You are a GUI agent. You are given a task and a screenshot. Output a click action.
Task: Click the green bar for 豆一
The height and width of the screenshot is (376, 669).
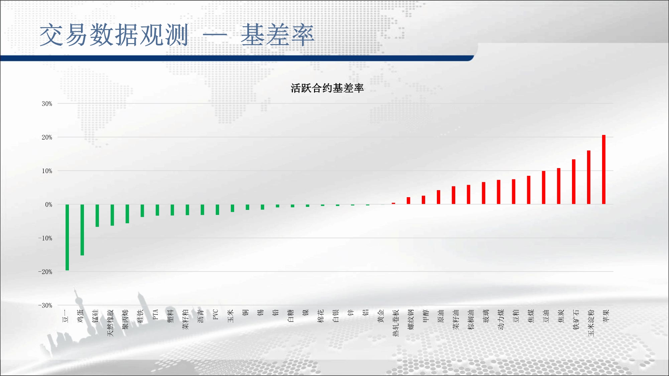pos(67,237)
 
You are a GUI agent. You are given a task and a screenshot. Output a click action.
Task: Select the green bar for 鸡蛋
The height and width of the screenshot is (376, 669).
pos(82,230)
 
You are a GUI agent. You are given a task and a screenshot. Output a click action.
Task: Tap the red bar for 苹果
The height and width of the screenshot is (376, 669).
pos(604,169)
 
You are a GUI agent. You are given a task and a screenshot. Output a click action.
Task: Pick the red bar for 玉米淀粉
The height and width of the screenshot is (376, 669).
pos(589,177)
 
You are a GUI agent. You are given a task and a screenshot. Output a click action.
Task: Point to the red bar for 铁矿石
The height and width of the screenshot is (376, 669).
pos(574,182)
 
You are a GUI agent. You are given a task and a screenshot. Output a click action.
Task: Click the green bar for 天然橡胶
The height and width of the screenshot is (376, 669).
pos(112,215)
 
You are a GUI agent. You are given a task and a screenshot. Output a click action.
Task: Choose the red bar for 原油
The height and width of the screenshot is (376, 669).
pos(439,197)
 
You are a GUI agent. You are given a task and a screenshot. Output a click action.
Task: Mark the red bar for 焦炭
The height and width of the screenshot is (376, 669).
pos(559,186)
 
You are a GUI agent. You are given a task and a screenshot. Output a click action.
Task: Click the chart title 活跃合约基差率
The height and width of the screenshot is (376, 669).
pos(327,88)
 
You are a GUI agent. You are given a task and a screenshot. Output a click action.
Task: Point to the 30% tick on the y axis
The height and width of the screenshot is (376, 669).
pos(47,104)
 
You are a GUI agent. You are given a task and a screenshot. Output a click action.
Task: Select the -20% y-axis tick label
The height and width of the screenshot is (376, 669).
pos(45,272)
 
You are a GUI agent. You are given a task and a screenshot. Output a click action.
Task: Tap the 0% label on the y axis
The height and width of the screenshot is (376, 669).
pos(49,205)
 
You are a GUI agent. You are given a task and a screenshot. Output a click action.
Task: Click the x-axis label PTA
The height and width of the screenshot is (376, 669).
pos(156,315)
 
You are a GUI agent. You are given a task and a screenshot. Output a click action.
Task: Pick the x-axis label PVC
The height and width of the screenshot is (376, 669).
pos(216,315)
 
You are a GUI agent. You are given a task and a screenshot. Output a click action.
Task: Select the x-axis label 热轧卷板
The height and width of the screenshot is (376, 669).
pos(396,323)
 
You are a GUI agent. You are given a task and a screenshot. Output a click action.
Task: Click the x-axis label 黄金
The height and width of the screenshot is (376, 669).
pos(381,316)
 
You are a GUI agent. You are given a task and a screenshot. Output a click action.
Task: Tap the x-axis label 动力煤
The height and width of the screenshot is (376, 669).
pos(501,320)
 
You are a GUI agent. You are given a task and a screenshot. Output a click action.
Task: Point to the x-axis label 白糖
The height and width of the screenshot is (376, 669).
pos(291,316)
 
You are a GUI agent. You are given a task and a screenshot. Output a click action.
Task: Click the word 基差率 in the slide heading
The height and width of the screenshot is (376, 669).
pos(278,35)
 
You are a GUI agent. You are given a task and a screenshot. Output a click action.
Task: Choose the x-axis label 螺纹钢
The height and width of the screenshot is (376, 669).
pos(411,320)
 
